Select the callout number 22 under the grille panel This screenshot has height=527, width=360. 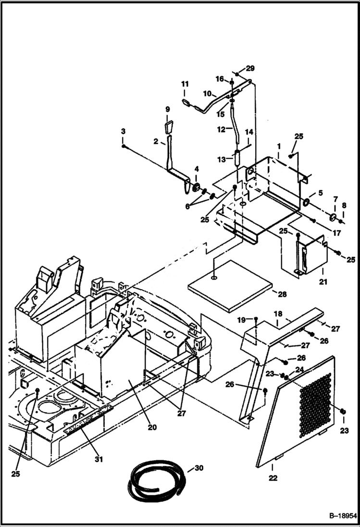273,478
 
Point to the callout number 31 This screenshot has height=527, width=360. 99,459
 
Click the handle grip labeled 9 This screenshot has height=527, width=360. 168,128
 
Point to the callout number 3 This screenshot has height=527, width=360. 123,131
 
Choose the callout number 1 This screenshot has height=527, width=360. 278,145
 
